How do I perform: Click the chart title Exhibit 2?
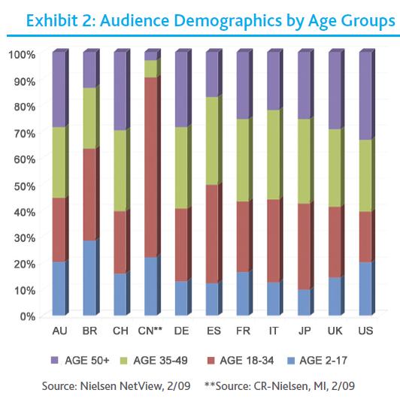(x=210, y=22)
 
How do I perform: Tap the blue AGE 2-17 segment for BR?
(x=89, y=277)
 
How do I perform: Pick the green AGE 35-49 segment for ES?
(x=212, y=141)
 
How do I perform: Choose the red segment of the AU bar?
(x=58, y=230)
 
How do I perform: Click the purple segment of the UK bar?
(x=335, y=90)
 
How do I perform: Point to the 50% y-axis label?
(x=23, y=186)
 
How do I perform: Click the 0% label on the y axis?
(x=27, y=316)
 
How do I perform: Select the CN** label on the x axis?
(x=151, y=331)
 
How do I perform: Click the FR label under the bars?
(x=243, y=331)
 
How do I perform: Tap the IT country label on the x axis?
(x=274, y=331)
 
